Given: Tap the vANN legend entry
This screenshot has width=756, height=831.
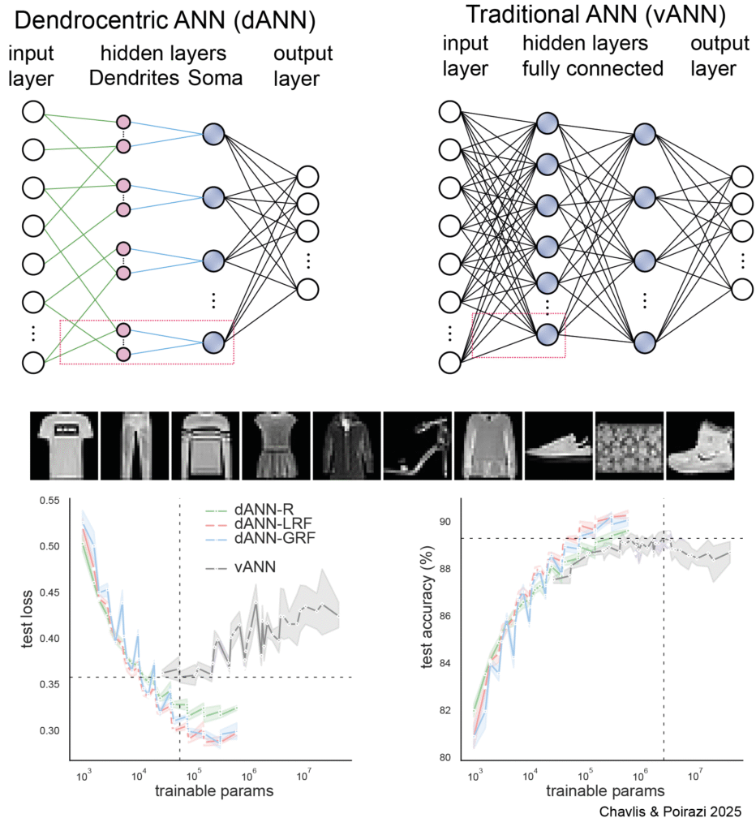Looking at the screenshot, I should click(256, 567).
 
